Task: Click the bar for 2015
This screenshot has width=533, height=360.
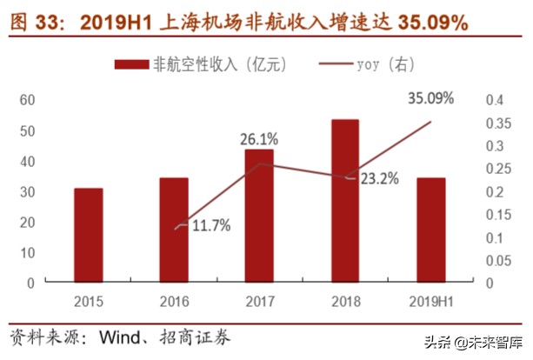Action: point(88,235)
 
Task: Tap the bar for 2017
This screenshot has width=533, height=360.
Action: point(258,216)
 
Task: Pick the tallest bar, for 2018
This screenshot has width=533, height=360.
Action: point(344,201)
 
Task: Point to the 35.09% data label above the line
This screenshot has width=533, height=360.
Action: point(430,98)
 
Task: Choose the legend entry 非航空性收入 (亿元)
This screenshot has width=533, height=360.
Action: point(201,64)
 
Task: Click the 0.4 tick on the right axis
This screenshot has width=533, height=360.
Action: point(494,100)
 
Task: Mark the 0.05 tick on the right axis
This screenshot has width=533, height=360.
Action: point(498,260)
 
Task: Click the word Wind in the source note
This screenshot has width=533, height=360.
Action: point(120,335)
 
